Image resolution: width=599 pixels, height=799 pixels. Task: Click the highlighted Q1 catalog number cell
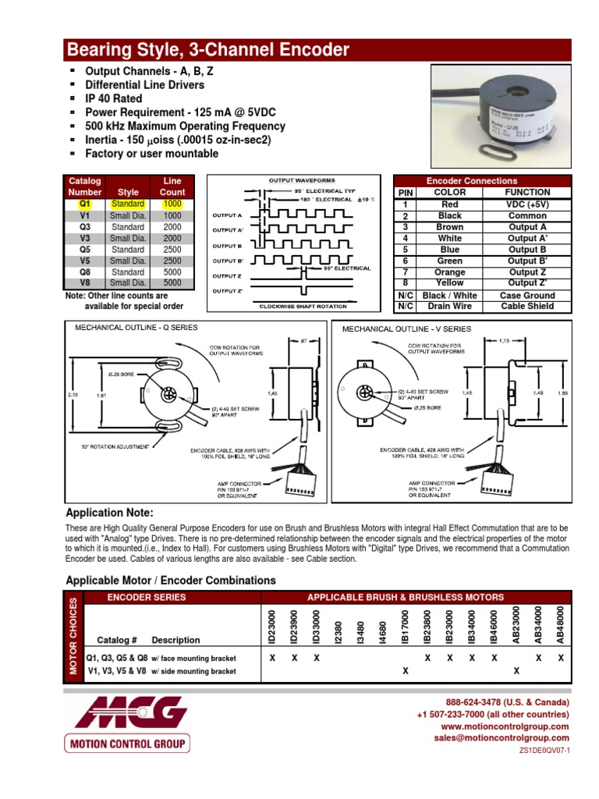tap(85, 204)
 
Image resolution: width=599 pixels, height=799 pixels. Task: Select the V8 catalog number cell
tap(85, 283)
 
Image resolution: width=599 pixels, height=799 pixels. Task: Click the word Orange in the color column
tap(449, 272)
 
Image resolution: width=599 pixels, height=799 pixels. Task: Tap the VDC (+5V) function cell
tap(527, 204)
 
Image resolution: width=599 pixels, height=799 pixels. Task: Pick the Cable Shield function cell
tap(527, 307)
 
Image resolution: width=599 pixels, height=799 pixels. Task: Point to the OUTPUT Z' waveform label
tap(228, 291)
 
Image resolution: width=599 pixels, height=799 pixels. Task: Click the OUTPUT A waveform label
tap(228, 215)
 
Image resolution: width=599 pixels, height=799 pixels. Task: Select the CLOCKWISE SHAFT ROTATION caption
tap(303, 307)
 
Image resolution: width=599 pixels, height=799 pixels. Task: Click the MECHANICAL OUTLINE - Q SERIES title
tap(136, 328)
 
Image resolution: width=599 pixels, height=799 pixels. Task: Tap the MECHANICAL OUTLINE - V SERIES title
tap(407, 328)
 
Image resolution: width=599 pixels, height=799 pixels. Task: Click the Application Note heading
tap(110, 513)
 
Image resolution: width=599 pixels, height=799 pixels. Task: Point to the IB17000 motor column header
tap(404, 626)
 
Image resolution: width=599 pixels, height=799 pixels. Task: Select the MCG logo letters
tap(126, 712)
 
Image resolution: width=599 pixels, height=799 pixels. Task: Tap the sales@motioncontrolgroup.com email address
tap(502, 737)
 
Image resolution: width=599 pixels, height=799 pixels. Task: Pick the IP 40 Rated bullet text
tap(114, 99)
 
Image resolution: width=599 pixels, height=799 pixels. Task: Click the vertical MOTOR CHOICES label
tap(74, 636)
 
